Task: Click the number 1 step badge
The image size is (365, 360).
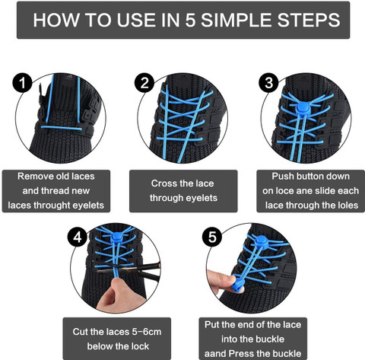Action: [x=22, y=83]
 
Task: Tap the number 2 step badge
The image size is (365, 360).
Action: [x=144, y=83]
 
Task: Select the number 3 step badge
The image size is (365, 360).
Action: [x=268, y=83]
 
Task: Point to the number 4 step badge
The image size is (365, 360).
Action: [x=78, y=237]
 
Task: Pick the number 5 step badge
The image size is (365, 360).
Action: [x=212, y=237]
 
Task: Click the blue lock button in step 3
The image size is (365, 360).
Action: [x=303, y=107]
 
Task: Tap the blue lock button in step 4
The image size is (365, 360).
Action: [x=116, y=237]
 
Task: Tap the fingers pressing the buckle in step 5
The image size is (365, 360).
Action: [x=220, y=281]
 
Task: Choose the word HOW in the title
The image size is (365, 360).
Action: [x=56, y=20]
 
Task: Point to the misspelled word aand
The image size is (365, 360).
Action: [x=215, y=354]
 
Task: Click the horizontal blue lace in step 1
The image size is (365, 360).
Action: [x=62, y=128]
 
